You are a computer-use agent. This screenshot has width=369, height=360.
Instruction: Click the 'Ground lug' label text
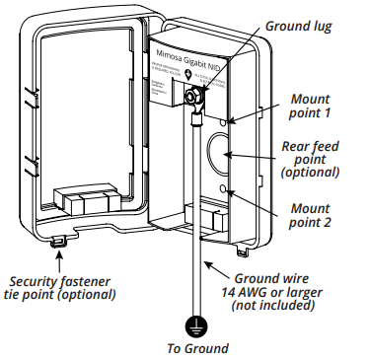(298, 26)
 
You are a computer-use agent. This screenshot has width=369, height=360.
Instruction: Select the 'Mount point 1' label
(311, 107)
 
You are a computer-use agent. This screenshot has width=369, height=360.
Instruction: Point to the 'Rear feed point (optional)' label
(310, 159)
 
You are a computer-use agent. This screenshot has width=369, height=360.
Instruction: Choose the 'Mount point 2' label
(311, 214)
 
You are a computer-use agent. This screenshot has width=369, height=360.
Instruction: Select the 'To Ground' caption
(197, 348)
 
